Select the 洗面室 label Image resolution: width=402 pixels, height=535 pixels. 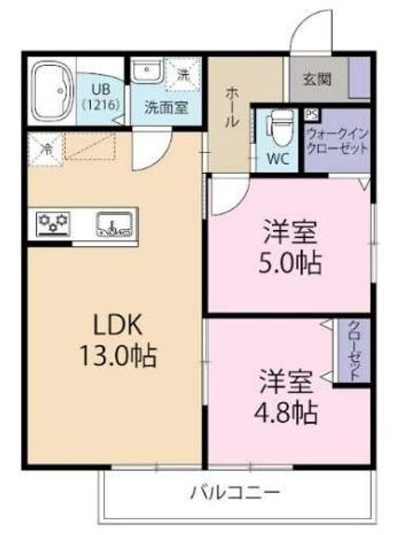coord(165,107)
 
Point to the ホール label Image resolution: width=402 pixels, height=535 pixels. coord(231,107)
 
